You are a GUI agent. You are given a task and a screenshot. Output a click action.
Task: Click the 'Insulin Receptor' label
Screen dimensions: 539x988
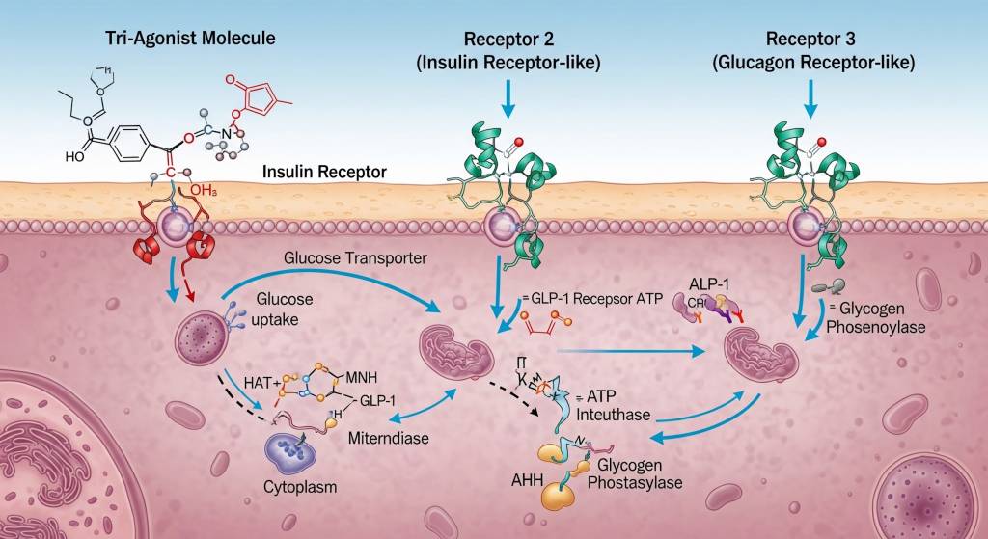(324, 173)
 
